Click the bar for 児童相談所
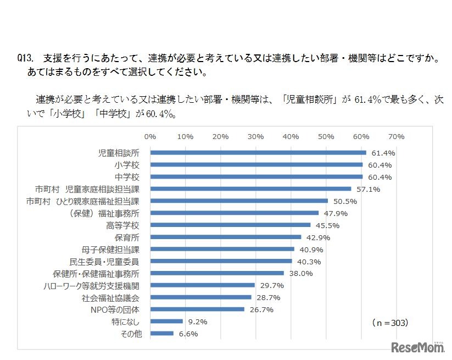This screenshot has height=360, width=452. (x=258, y=153)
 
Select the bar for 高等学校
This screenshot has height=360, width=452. (x=230, y=225)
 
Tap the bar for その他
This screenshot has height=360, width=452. (x=161, y=333)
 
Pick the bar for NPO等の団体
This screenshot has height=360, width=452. (x=197, y=309)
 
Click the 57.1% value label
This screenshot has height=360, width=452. (x=368, y=189)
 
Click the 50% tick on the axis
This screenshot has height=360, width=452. (x=326, y=136)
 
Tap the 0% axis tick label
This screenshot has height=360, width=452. (x=150, y=136)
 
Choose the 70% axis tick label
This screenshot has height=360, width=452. (x=396, y=136)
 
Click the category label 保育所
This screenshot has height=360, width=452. (x=127, y=237)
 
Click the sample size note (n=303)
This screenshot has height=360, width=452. (x=390, y=323)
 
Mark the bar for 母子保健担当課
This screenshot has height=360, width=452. (x=222, y=249)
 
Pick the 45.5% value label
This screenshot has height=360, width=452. (x=327, y=225)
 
